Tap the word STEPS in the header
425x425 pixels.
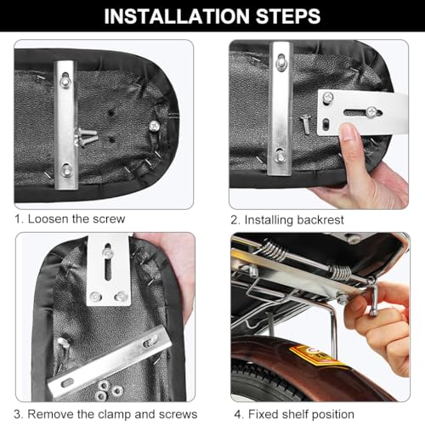pos(288,16)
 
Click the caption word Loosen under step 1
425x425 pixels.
pos(48,219)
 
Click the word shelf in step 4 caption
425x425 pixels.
pos(292,414)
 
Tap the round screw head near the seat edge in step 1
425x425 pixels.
pos(154,126)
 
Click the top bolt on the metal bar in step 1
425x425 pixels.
pos(65,82)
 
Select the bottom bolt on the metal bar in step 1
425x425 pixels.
pos(67,170)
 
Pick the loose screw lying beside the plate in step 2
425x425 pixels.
pos(306,124)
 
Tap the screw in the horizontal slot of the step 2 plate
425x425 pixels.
pos(371,112)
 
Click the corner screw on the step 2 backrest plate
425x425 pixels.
pos(328,98)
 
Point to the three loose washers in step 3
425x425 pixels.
pos(108,389)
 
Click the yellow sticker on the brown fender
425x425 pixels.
pos(315,354)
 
